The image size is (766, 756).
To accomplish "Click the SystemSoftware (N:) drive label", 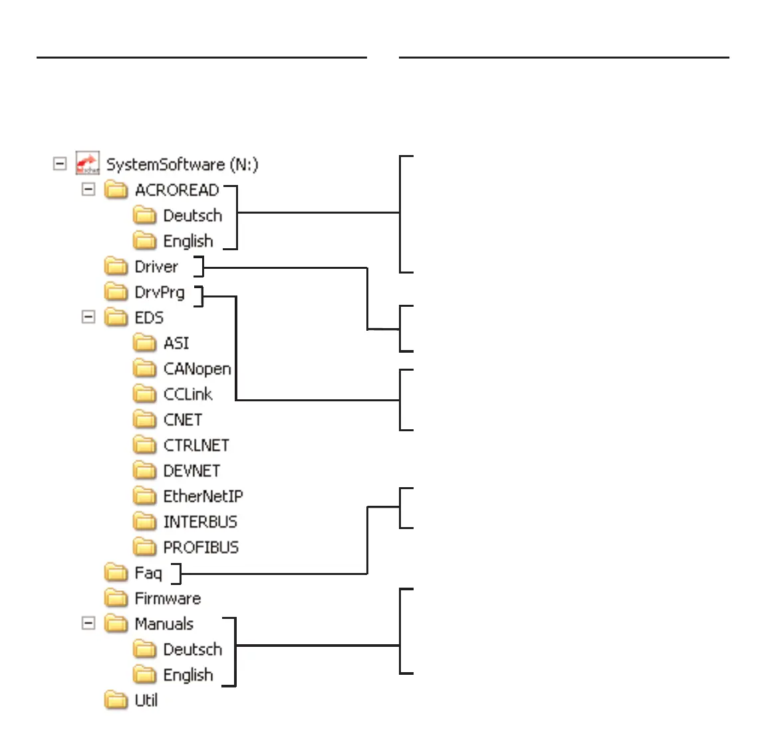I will pyautogui.click(x=182, y=164).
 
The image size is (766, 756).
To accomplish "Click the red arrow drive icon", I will pyautogui.click(x=87, y=163).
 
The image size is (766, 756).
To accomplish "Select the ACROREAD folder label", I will pyautogui.click(x=177, y=190).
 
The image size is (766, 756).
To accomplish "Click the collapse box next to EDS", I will pyautogui.click(x=88, y=317).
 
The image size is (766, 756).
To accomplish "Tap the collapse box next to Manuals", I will pyautogui.click(x=88, y=623).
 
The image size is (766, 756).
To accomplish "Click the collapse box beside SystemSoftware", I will pyautogui.click(x=60, y=163).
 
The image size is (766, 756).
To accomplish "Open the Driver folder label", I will pyautogui.click(x=156, y=267).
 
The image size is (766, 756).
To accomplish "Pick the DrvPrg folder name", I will pyautogui.click(x=160, y=293).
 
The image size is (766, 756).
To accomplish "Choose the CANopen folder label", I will pyautogui.click(x=197, y=369).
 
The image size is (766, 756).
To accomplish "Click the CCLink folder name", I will pyautogui.click(x=188, y=394).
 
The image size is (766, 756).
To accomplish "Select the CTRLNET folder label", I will pyautogui.click(x=196, y=445).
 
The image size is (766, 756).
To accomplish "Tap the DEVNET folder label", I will pyautogui.click(x=191, y=471).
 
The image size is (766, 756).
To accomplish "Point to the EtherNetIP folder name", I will pyautogui.click(x=203, y=496).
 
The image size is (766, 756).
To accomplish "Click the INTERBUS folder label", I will pyautogui.click(x=200, y=522).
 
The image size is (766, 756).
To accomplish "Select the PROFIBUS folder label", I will pyautogui.click(x=201, y=547).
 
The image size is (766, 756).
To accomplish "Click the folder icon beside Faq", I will pyautogui.click(x=116, y=572).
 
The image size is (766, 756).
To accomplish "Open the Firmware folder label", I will pyautogui.click(x=168, y=598).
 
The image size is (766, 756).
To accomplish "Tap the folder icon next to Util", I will pyautogui.click(x=116, y=700).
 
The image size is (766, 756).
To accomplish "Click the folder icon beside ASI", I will pyautogui.click(x=144, y=343).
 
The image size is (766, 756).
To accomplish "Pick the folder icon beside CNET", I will pyautogui.click(x=144, y=419).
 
